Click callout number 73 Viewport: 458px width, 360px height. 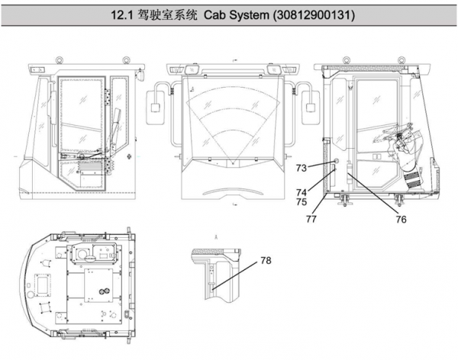(301, 166)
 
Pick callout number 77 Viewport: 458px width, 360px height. (311, 218)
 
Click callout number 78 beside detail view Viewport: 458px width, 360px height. (266, 261)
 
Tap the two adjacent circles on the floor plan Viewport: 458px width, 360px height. (101, 293)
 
